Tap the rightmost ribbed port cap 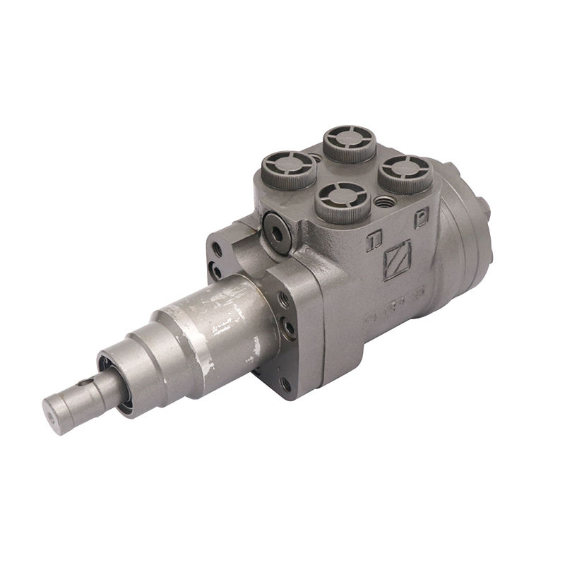(x=405, y=172)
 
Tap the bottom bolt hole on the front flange (x=285, y=383)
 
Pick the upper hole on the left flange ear (x=218, y=249)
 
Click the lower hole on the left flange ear (x=215, y=268)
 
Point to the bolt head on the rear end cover (x=486, y=206)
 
